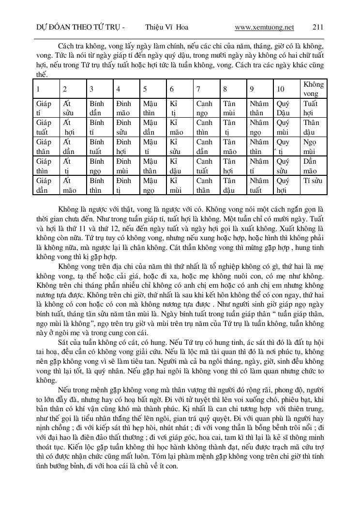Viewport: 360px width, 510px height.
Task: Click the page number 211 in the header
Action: (x=318, y=28)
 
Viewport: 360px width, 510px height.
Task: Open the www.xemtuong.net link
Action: (x=264, y=28)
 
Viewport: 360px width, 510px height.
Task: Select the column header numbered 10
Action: (x=281, y=89)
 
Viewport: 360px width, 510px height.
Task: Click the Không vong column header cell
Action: (x=313, y=89)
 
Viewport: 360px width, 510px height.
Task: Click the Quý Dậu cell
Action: (x=283, y=108)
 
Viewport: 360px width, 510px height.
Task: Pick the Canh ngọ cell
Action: (x=204, y=108)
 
